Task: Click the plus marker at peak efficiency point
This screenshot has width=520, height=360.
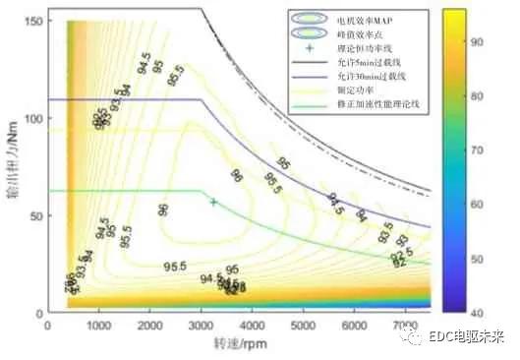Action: (213, 202)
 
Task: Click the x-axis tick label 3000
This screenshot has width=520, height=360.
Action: (201, 324)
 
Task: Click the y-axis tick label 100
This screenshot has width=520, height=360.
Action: (31, 118)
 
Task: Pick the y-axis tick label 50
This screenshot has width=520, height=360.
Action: (34, 214)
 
